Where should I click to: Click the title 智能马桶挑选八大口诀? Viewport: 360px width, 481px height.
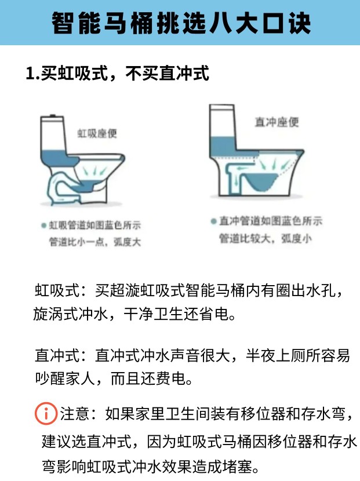coord(181,23)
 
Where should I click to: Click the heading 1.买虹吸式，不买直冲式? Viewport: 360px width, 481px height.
coord(118,74)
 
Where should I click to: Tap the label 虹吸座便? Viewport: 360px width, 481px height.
coord(97,133)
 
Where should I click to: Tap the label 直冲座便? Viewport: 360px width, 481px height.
coord(277,122)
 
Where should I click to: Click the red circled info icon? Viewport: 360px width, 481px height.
coord(46,413)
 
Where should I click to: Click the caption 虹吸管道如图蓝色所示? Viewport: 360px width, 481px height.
coord(95,225)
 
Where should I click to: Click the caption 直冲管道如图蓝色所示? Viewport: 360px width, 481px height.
coord(270,221)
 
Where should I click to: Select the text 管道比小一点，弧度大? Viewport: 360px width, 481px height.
coord(95,242)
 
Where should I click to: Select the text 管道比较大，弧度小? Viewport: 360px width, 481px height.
coord(265,238)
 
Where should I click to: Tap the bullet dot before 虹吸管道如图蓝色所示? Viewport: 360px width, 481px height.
coord(44,226)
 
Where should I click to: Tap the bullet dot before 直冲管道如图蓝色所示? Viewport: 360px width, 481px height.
coord(213,221)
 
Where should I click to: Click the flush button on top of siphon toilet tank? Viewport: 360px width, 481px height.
coord(53,116)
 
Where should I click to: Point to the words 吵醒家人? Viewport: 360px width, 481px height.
coord(64,379)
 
